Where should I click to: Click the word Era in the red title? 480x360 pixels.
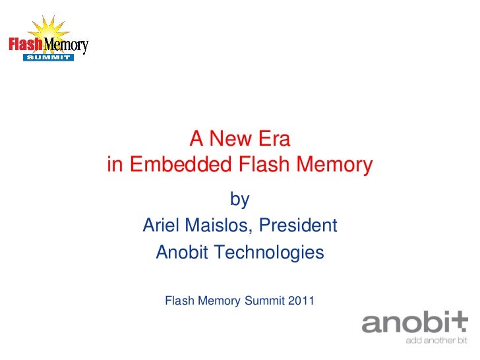(272, 138)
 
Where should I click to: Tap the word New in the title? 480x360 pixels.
(232, 138)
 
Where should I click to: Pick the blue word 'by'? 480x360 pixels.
(239, 199)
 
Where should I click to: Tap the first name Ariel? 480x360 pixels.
(163, 225)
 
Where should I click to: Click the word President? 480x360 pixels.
(298, 225)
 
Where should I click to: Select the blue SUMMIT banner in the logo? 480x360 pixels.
(48, 57)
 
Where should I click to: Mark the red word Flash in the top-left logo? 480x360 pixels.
(24, 45)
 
